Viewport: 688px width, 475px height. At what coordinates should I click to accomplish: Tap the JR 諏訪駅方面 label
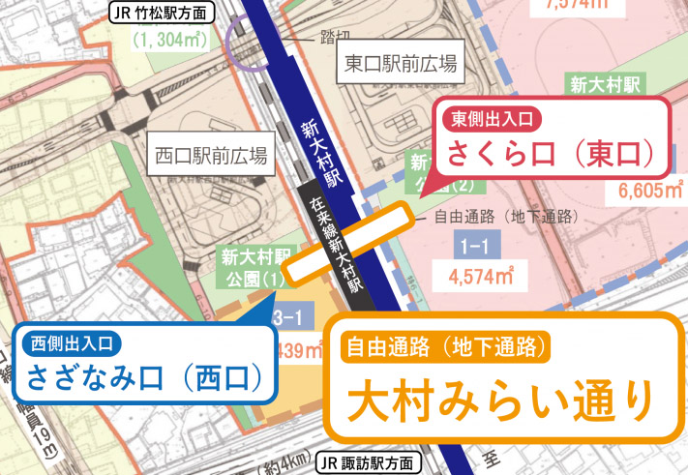pos(371,462)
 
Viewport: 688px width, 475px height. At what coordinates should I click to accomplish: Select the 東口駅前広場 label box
pos(400,65)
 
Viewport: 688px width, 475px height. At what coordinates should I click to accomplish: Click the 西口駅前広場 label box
pos(210,155)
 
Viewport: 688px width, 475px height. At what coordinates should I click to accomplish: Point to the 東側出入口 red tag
pos(492,119)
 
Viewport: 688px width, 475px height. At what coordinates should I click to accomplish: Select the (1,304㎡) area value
pos(171,41)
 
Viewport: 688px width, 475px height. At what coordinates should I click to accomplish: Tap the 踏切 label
pos(333,37)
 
